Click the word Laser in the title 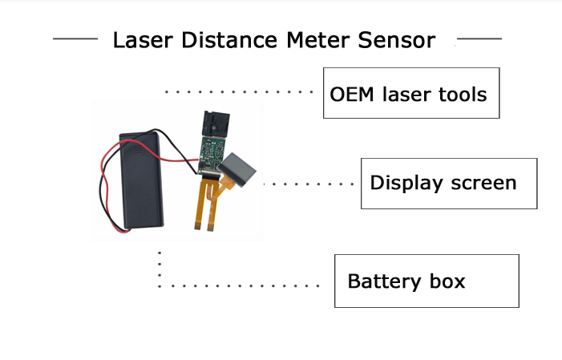137,40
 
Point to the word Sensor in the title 391,40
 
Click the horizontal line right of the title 479,38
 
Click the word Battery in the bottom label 382,281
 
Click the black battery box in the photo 143,181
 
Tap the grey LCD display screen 238,169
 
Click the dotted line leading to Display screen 309,184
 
